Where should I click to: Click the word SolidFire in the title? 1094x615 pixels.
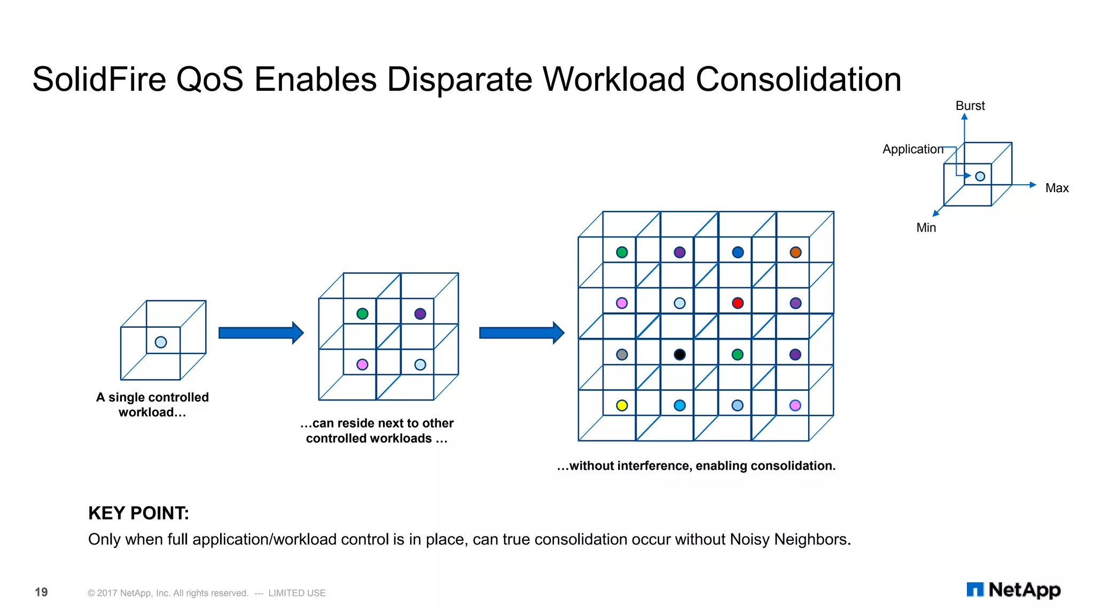pyautogui.click(x=99, y=80)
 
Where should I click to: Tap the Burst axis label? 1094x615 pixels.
pyautogui.click(x=970, y=106)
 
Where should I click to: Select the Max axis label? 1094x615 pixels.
pyautogui.click(x=1057, y=188)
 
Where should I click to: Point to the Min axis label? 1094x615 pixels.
pyautogui.click(x=926, y=227)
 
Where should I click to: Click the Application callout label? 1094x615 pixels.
pyautogui.click(x=912, y=149)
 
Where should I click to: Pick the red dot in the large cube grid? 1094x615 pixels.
pyautogui.click(x=737, y=303)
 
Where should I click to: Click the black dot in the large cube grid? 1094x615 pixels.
pyautogui.click(x=679, y=354)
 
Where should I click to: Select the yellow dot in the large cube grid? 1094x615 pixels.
pyautogui.click(x=622, y=405)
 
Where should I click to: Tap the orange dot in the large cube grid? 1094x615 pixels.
pyautogui.click(x=795, y=253)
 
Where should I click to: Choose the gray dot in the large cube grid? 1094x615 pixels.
pyautogui.click(x=622, y=354)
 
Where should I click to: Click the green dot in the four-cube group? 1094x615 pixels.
pyautogui.click(x=362, y=314)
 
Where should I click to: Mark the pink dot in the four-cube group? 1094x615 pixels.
pyautogui.click(x=362, y=365)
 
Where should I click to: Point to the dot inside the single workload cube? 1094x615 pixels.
pyautogui.click(x=161, y=342)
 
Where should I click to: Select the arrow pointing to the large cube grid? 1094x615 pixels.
pyautogui.click(x=521, y=333)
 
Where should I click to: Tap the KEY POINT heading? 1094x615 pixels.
pyautogui.click(x=138, y=513)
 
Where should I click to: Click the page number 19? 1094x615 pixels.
pyautogui.click(x=41, y=592)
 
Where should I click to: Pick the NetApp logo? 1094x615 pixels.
pyautogui.click(x=1013, y=590)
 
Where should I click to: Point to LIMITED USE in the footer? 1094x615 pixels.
pyautogui.click(x=296, y=593)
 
